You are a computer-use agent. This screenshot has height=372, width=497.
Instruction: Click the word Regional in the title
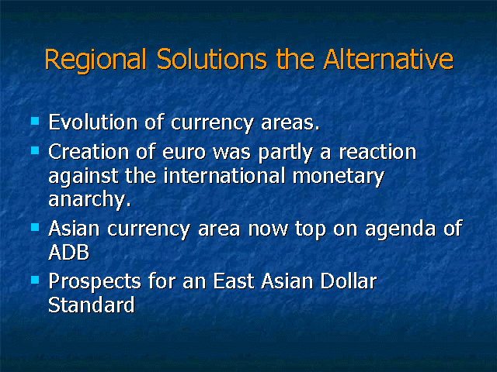pos(96,60)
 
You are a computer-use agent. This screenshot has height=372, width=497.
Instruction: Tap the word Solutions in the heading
pos(212,59)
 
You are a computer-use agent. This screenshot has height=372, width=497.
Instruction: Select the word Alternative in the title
pos(388,59)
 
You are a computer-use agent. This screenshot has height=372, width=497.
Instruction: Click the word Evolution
pos(93,122)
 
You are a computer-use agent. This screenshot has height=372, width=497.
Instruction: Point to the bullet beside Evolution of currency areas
pos(35,121)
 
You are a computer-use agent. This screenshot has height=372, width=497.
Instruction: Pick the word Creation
pos(89,152)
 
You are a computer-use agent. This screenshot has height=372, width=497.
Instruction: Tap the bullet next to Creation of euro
pos(35,150)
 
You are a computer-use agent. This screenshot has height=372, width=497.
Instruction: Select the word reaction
pos(378,152)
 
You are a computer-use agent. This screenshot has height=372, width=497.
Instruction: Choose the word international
pos(224,176)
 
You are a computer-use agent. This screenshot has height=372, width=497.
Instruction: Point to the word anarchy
pos(90,200)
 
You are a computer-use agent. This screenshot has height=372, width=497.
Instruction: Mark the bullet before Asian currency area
pos(35,227)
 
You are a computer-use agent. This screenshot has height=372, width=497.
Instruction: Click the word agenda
pos(401,229)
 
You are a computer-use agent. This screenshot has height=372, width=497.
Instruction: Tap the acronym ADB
pos(69,252)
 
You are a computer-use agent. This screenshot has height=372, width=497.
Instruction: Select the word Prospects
pos(95,281)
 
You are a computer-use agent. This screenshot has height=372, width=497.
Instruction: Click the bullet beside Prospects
pos(35,280)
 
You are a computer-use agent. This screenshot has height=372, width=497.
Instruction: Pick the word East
pos(234,281)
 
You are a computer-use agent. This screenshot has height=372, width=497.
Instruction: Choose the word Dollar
pos(349,281)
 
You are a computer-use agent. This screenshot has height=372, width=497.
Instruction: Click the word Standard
pos(92,305)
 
